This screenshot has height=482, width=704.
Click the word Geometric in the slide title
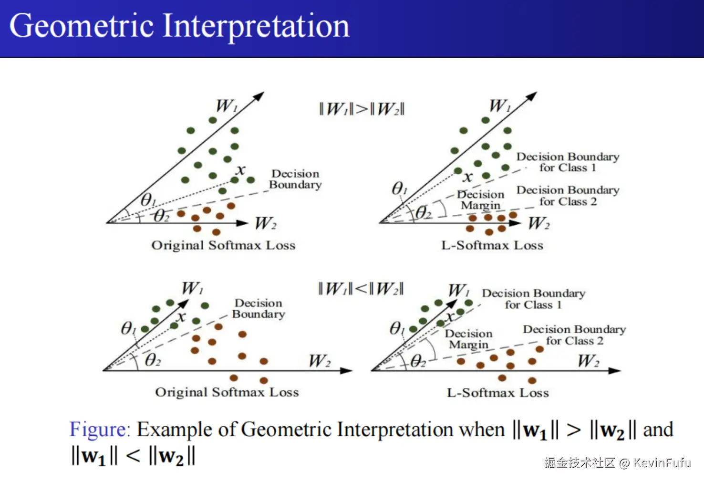tap(82, 26)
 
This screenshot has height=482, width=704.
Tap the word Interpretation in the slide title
tap(256, 27)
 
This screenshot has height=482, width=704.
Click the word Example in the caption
tap(175, 430)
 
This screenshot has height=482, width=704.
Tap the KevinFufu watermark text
tap(662, 462)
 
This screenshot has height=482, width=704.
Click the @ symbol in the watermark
tap(624, 463)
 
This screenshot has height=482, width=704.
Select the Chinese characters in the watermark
tap(580, 463)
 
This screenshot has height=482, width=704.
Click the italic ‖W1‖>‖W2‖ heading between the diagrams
tap(362, 109)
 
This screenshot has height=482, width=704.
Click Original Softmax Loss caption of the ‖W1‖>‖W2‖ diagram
tap(223, 245)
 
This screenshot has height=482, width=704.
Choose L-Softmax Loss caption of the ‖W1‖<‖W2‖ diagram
tap(498, 393)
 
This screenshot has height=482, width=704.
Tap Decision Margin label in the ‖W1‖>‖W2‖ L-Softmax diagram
tap(481, 200)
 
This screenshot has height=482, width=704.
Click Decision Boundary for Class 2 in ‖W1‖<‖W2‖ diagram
tap(575, 335)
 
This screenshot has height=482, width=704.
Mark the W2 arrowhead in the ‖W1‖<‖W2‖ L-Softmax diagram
tap(614, 371)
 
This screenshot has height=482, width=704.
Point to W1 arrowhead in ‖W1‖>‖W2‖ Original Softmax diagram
tap(259, 96)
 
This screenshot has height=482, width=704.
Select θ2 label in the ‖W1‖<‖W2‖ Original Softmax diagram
tap(153, 360)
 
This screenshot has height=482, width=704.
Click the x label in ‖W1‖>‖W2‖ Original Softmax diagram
tap(241, 170)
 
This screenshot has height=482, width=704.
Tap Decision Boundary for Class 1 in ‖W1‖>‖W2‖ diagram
tap(568, 162)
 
